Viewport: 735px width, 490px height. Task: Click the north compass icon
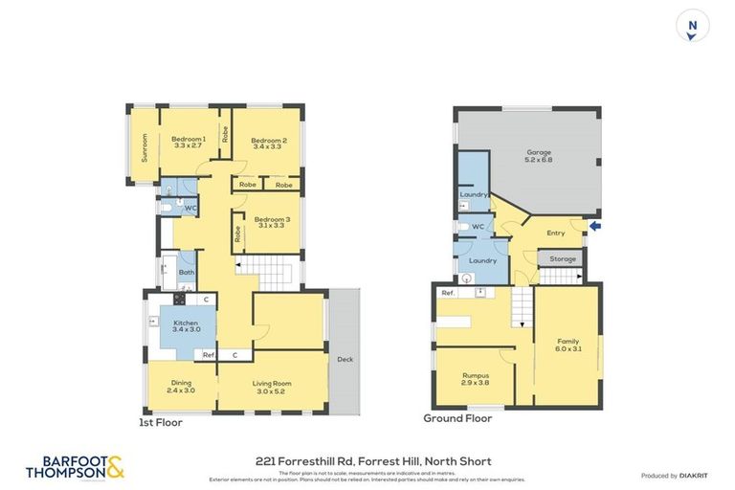coord(693,26)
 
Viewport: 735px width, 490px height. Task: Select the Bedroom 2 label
coord(270,144)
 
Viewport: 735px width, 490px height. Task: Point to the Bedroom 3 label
coord(273,223)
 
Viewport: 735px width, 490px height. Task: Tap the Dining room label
coord(182,387)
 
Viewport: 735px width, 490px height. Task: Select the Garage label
coord(541,156)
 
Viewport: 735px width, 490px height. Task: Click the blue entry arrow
coord(595,227)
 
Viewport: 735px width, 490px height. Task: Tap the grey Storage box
coord(562,258)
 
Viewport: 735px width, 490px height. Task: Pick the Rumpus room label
coord(476,378)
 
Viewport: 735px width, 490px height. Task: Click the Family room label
coord(568,344)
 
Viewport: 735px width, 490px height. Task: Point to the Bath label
coord(187,273)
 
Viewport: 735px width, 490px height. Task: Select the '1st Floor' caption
coord(162,422)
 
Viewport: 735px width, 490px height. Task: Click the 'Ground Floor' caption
coord(457,418)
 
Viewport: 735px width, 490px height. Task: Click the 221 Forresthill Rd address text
coord(367,461)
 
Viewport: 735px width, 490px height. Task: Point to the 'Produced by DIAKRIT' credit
coord(674,476)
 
